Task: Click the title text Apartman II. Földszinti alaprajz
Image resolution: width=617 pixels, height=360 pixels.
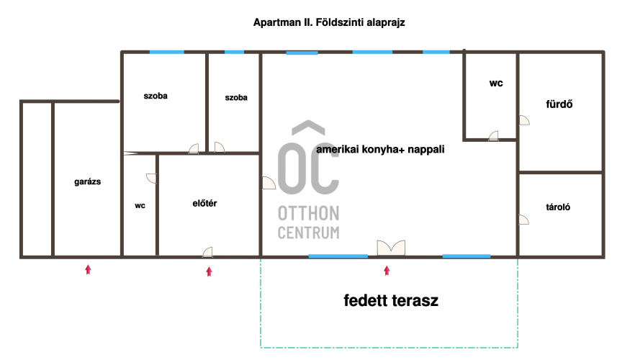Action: pos(329,22)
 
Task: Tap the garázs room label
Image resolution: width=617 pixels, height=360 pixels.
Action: pos(87,181)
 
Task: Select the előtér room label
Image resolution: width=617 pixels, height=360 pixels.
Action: pos(204,204)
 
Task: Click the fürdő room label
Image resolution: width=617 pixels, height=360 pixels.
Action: pos(559,104)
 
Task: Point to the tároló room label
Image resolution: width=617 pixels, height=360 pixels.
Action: pos(558,207)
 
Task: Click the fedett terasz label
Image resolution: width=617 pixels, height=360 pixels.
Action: pos(391,300)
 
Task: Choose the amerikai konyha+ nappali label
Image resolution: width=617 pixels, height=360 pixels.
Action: pos(380,150)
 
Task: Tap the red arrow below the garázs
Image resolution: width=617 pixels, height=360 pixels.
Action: pos(88,269)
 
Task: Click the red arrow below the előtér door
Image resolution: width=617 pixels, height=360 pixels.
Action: pos(209,271)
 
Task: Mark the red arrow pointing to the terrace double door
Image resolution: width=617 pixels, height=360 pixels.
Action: pos(387,270)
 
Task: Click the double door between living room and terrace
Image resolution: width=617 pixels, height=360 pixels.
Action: pos(391,248)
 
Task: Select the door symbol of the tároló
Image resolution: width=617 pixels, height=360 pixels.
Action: pos(523,220)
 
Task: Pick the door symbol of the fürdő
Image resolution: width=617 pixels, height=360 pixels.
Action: pos(524,120)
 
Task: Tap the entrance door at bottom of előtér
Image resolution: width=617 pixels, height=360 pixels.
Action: pos(208,252)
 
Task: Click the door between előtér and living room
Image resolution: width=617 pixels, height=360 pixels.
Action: pos(269,183)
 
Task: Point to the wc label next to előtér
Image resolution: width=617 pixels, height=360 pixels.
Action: pos(140,206)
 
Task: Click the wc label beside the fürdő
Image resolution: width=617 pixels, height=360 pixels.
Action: pos(496,84)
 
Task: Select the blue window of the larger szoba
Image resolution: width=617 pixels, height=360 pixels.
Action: pos(167,52)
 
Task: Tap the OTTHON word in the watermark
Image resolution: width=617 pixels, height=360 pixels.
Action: pos(308,214)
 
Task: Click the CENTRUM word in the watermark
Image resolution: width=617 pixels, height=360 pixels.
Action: pos(308,233)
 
